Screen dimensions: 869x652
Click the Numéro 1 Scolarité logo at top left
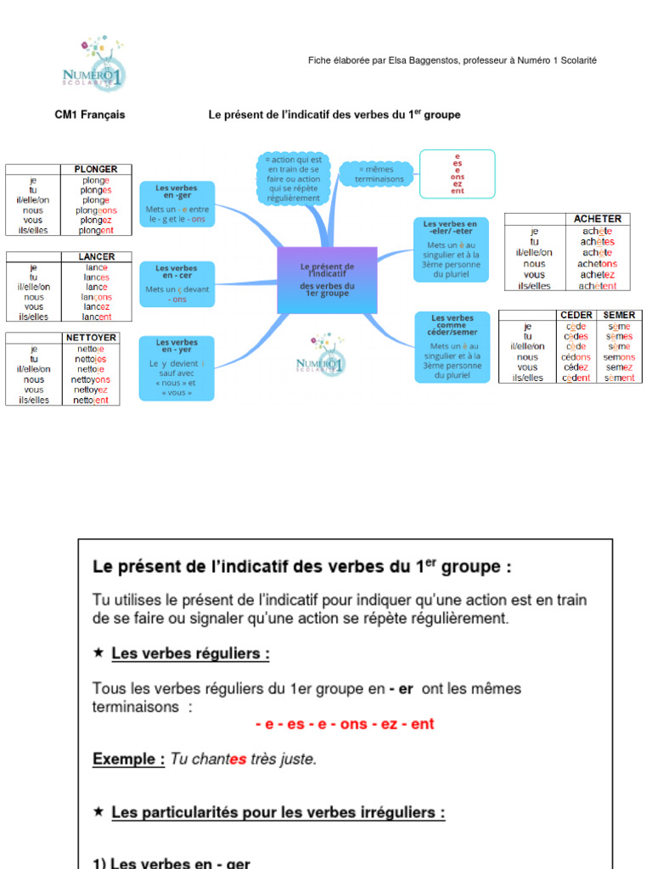click(x=93, y=64)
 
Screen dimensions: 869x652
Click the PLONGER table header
click(x=96, y=169)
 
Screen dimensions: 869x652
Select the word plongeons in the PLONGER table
click(x=96, y=210)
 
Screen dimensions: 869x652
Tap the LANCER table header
click(x=96, y=256)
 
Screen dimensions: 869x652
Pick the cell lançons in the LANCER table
click(x=96, y=297)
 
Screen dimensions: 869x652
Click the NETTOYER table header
click(x=91, y=337)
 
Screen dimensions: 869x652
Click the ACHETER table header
click(x=597, y=219)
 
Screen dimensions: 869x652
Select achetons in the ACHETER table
click(x=599, y=264)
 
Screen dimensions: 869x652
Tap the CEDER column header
click(x=576, y=315)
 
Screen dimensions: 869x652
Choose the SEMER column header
click(x=619, y=315)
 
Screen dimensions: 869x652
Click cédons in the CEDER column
click(x=576, y=357)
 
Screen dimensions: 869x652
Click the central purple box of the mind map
click(x=327, y=279)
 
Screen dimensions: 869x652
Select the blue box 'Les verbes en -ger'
click(x=177, y=203)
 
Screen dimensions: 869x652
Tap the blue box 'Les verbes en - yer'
click(x=177, y=367)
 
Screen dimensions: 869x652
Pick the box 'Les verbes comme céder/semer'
click(x=452, y=346)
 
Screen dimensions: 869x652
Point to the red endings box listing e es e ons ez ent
click(x=457, y=173)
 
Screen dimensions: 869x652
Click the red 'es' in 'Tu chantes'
click(x=238, y=760)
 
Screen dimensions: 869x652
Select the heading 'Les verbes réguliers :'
click(x=190, y=653)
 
